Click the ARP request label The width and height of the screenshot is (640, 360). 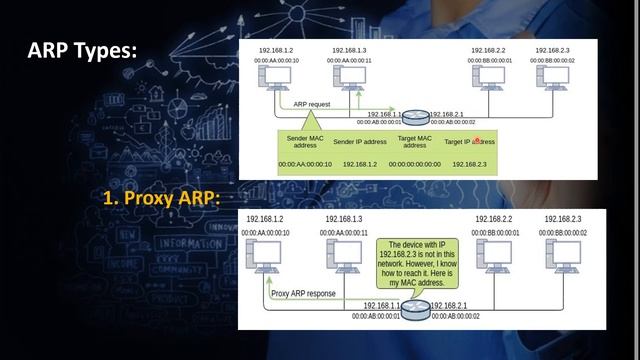314,104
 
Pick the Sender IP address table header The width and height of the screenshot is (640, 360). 358,142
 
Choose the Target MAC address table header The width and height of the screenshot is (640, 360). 414,142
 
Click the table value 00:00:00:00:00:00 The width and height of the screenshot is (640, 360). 414,164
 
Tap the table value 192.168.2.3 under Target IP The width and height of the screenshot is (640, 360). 469,164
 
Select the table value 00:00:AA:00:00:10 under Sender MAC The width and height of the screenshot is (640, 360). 304,164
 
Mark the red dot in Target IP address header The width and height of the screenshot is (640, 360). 478,140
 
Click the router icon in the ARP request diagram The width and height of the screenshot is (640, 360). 417,117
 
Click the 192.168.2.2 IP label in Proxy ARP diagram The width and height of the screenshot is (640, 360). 493,219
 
